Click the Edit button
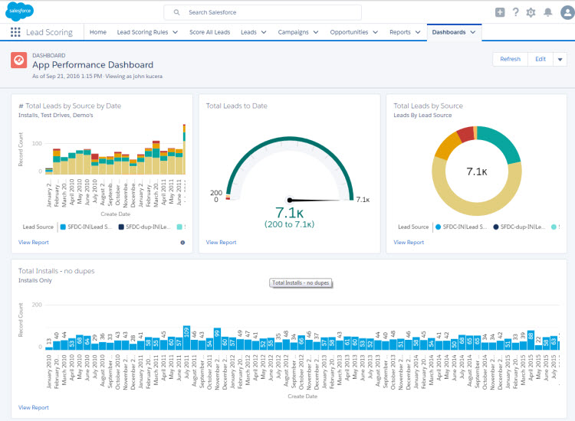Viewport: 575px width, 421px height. [x=540, y=59]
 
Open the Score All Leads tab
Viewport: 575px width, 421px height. [x=209, y=32]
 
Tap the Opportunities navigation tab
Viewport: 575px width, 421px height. [x=354, y=32]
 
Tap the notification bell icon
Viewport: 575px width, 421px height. [x=547, y=12]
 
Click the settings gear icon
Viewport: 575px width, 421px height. [x=531, y=12]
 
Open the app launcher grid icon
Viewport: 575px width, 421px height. [x=15, y=32]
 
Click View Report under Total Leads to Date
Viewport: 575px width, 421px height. [x=221, y=242]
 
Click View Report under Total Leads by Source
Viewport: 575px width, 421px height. [x=409, y=242]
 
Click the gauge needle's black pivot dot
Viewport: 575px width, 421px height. [x=290, y=201]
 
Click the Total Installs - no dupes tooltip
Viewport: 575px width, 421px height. [x=301, y=283]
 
